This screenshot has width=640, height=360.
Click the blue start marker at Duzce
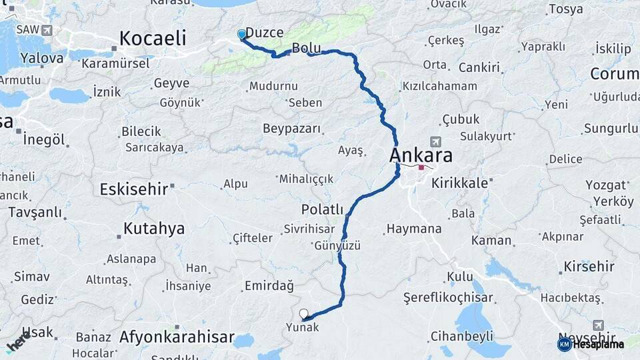pyautogui.click(x=241, y=34)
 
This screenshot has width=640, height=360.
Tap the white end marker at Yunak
pyautogui.click(x=304, y=313)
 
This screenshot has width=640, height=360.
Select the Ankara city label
pyautogui.click(x=421, y=155)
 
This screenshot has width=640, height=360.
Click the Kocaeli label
pyautogui.click(x=152, y=39)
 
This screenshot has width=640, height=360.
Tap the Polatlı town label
pyautogui.click(x=321, y=209)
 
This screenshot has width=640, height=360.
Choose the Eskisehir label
pyautogui.click(x=133, y=189)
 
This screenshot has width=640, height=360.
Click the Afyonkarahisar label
pyautogui.click(x=176, y=337)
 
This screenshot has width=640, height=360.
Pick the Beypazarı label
pyautogui.click(x=291, y=128)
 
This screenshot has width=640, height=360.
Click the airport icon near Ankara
pyautogui.click(x=435, y=141)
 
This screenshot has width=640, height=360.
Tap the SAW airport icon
pyautogui.click(x=47, y=30)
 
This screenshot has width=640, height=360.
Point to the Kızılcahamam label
pyautogui.click(x=439, y=86)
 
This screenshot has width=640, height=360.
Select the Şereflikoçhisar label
pyautogui.click(x=448, y=298)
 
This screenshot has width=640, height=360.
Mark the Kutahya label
pyautogui.click(x=153, y=229)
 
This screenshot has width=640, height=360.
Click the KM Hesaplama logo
pyautogui.click(x=591, y=344)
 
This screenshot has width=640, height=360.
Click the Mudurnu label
pyautogui.click(x=273, y=86)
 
